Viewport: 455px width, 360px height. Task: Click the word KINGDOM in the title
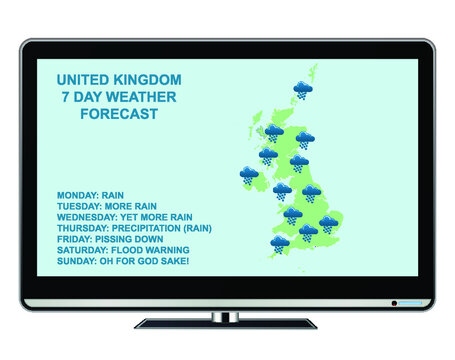click(148, 78)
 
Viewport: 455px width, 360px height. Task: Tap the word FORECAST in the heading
click(118, 114)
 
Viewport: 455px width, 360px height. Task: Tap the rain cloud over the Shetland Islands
click(301, 91)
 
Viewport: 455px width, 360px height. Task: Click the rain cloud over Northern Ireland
click(249, 178)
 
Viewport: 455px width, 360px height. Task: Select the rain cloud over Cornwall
click(279, 242)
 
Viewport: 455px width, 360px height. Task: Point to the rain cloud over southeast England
click(328, 224)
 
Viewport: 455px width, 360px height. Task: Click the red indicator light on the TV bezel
click(394, 302)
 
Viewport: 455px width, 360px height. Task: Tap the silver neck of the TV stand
click(227, 316)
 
